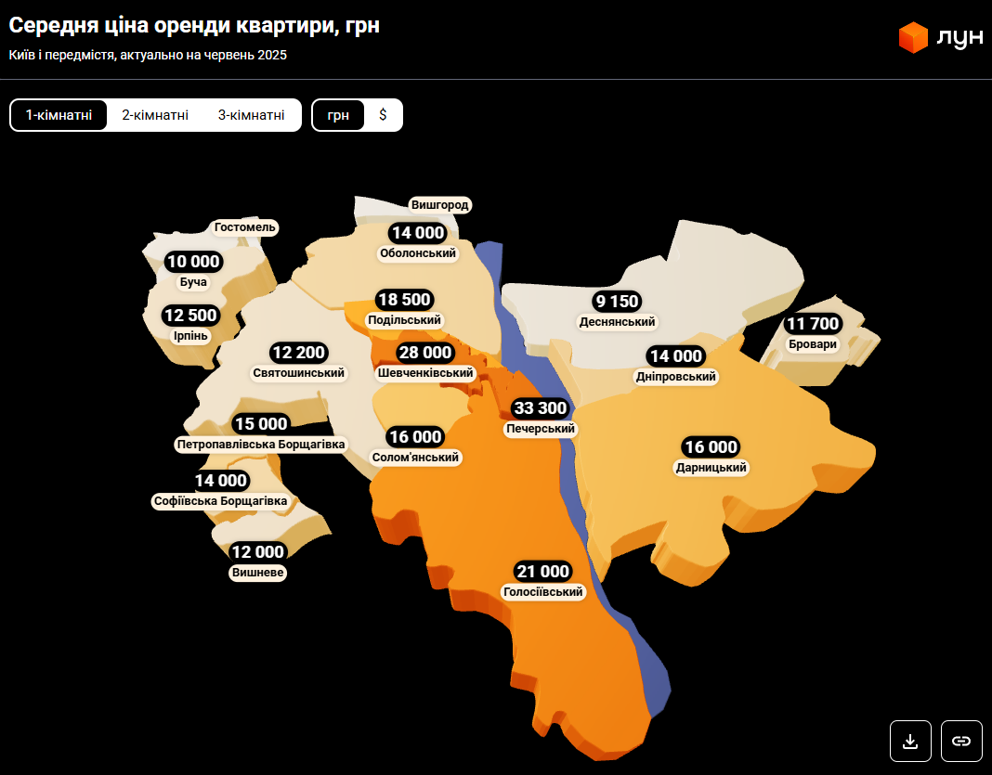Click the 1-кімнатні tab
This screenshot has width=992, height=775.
(x=59, y=115)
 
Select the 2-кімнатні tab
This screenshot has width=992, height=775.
(x=155, y=115)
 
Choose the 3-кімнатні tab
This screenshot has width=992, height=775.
(x=251, y=115)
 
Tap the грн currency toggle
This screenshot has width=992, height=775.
(x=338, y=115)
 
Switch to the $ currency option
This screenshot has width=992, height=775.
(x=383, y=115)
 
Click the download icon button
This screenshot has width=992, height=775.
(x=910, y=741)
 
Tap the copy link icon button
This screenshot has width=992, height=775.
(x=961, y=741)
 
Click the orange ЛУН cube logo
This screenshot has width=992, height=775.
(x=913, y=37)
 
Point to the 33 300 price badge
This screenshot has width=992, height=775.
(x=540, y=408)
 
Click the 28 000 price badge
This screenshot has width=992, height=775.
(x=425, y=353)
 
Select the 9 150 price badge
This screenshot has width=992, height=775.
(x=617, y=302)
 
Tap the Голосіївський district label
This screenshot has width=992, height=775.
(x=542, y=592)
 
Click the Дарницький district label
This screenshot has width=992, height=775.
(x=711, y=468)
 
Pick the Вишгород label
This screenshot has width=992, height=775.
(x=440, y=205)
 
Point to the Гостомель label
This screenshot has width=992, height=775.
(x=245, y=227)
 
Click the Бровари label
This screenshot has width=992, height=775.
(x=812, y=344)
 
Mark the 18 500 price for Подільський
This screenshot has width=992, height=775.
(x=403, y=300)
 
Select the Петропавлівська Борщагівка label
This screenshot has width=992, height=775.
(x=261, y=445)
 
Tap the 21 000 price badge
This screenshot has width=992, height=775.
(x=542, y=571)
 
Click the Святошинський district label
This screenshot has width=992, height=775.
(x=299, y=373)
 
